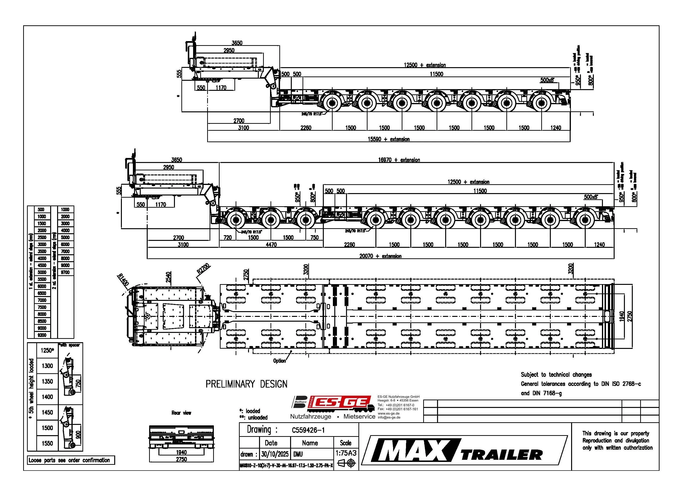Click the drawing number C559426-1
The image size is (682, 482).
click(x=308, y=430)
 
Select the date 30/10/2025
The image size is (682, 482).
click(x=275, y=454)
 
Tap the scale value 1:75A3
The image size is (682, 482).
click(x=346, y=453)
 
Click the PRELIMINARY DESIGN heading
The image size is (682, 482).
click(x=246, y=384)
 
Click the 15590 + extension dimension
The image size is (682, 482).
click(x=389, y=139)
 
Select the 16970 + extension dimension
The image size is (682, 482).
click(x=399, y=160)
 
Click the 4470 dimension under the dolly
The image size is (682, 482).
click(x=271, y=244)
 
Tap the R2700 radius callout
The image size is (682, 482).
click(x=203, y=268)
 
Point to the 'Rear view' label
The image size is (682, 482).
click(x=181, y=413)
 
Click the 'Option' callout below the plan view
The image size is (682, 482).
click(x=279, y=361)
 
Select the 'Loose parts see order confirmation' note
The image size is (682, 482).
click(x=69, y=460)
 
